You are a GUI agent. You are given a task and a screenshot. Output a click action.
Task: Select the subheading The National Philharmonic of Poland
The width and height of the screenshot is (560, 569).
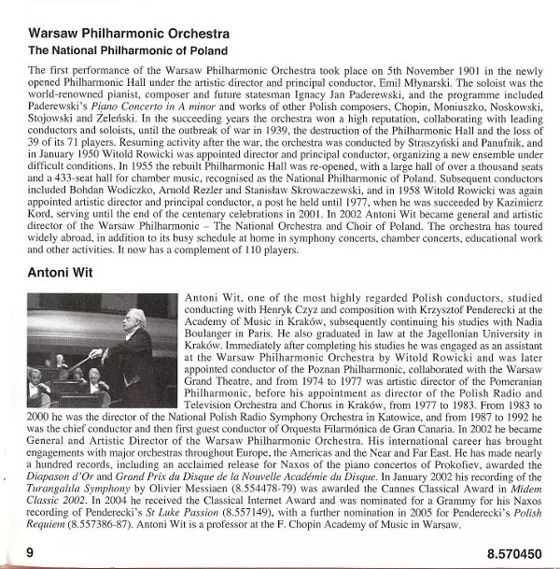128,50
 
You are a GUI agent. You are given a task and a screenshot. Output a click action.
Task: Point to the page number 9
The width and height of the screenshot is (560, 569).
31,553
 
